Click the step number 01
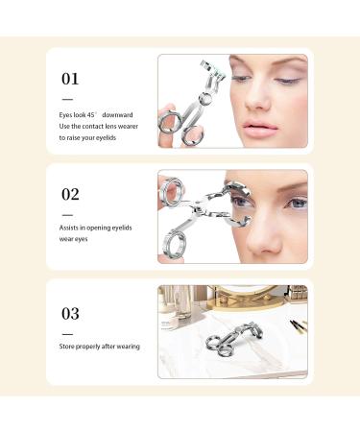[x=70, y=79]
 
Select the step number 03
[x=70, y=313]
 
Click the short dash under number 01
[x=67, y=98]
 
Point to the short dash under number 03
[x=67, y=330]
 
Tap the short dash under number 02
[x=67, y=213]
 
